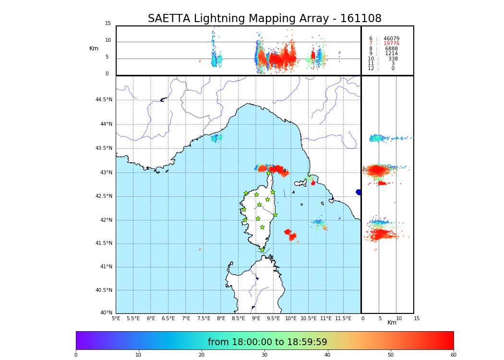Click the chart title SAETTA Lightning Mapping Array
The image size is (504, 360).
[264, 19]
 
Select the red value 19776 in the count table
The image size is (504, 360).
[391, 44]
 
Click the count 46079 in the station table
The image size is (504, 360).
[391, 39]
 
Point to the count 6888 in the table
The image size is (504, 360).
[391, 49]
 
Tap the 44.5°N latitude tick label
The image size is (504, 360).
[104, 100]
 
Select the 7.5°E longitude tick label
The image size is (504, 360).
[204, 318]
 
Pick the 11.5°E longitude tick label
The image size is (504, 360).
[343, 318]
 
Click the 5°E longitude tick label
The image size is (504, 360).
[116, 318]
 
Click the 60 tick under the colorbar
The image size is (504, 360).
[453, 355]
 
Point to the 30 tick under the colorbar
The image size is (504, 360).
[264, 355]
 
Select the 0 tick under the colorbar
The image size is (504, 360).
[76, 355]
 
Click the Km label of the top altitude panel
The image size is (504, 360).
[94, 48]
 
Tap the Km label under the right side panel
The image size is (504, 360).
[392, 323]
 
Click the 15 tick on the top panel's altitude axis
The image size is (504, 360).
[108, 24]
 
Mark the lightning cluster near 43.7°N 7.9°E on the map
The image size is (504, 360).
[216, 138]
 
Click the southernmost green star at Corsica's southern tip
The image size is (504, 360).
[262, 250]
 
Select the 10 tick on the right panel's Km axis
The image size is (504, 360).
[399, 318]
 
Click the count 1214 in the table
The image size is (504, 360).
[391, 54]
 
